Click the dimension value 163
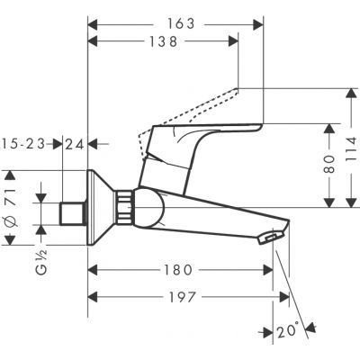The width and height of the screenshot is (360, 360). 180,24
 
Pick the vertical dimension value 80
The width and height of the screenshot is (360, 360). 329,163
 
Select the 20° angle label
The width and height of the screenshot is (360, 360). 289,331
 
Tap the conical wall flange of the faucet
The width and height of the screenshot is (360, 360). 102,206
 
